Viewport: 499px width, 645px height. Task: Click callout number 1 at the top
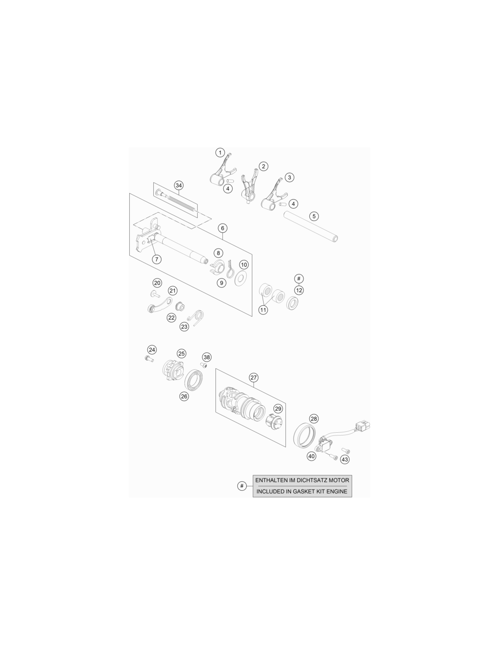point(220,153)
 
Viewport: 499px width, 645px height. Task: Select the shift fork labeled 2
point(249,187)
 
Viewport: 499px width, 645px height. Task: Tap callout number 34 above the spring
point(178,186)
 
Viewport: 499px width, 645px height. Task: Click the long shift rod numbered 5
point(311,226)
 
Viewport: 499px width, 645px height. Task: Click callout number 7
point(157,259)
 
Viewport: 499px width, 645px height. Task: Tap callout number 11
point(263,310)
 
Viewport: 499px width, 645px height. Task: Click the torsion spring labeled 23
point(197,318)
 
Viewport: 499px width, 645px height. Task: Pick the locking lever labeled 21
point(160,306)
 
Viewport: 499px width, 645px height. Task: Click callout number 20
point(157,283)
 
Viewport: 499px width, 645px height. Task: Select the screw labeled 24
point(149,359)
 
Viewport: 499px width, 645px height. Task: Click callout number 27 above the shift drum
point(254,377)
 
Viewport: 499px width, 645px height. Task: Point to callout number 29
point(278,409)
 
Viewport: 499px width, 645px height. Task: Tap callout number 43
point(344,460)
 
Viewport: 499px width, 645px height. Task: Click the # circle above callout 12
point(299,279)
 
